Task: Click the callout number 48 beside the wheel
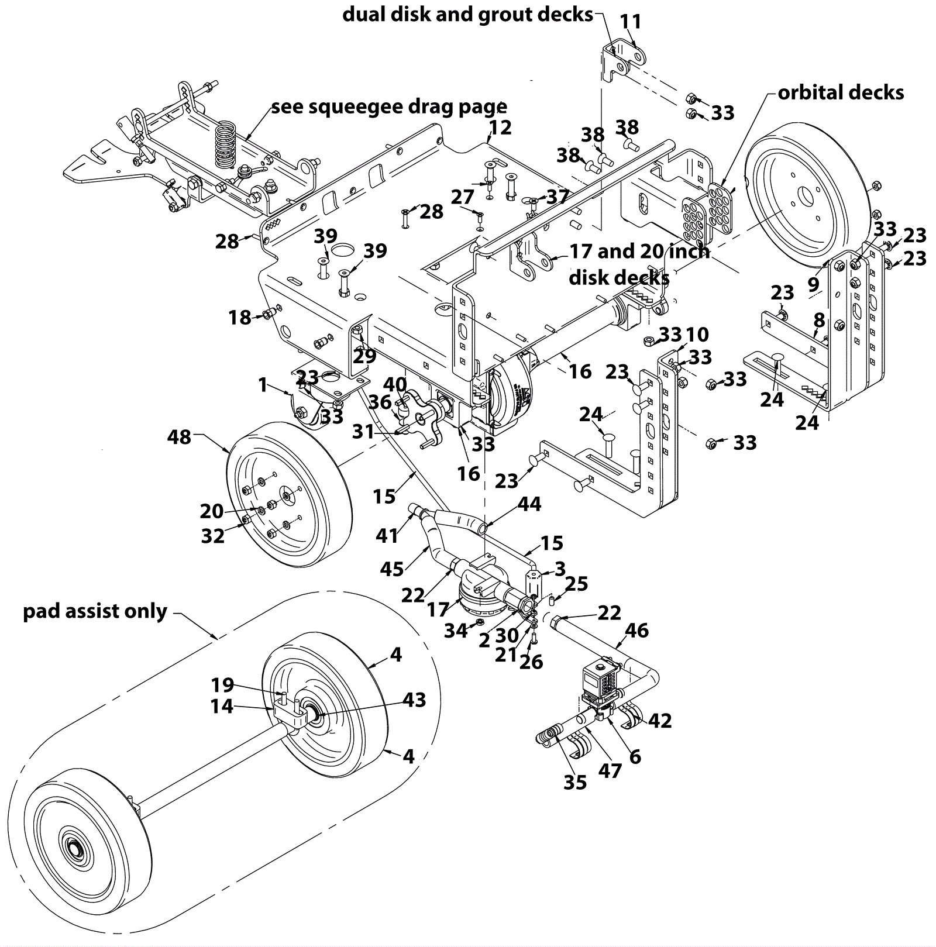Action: pos(179,437)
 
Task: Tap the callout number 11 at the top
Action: pos(631,22)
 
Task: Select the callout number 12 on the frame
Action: pos(500,128)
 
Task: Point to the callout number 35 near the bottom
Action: pos(574,783)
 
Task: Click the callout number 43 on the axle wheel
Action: pos(414,700)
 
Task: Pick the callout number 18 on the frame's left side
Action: pos(239,317)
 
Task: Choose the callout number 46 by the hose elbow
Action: pos(636,630)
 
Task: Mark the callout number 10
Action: pos(697,335)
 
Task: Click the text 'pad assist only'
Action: pos(95,611)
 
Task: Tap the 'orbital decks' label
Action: pos(841,92)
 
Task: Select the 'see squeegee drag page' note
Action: pos(389,107)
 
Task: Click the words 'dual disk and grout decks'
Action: pos(467,15)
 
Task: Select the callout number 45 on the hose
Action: pos(391,569)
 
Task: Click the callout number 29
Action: pos(364,355)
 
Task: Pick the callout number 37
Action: pos(558,197)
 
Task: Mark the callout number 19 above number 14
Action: pos(222,684)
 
